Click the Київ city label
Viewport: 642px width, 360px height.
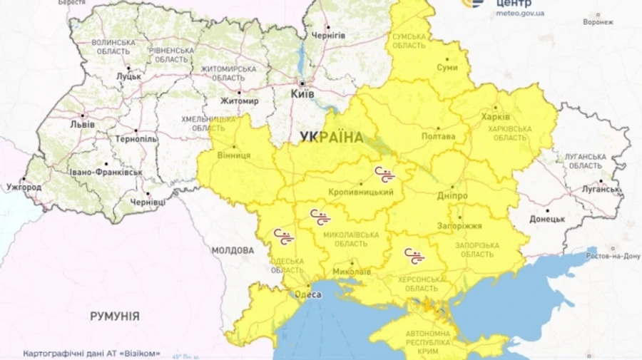[x=302, y=94]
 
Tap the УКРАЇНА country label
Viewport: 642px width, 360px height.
[x=331, y=137]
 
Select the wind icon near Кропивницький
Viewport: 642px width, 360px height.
[x=384, y=174]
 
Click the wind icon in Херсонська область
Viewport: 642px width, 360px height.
[x=413, y=254]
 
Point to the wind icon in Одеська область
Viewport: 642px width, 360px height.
[x=282, y=236]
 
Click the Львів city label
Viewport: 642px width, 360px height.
[x=81, y=123]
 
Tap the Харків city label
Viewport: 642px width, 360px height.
[x=495, y=117]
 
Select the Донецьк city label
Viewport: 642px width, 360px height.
[x=547, y=220]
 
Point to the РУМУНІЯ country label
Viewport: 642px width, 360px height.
[x=114, y=316]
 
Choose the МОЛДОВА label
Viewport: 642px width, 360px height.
[x=233, y=251]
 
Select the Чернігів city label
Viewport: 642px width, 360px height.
[x=329, y=36]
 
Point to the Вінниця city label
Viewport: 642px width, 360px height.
[x=232, y=155]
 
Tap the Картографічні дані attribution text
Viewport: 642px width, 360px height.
[x=91, y=353]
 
